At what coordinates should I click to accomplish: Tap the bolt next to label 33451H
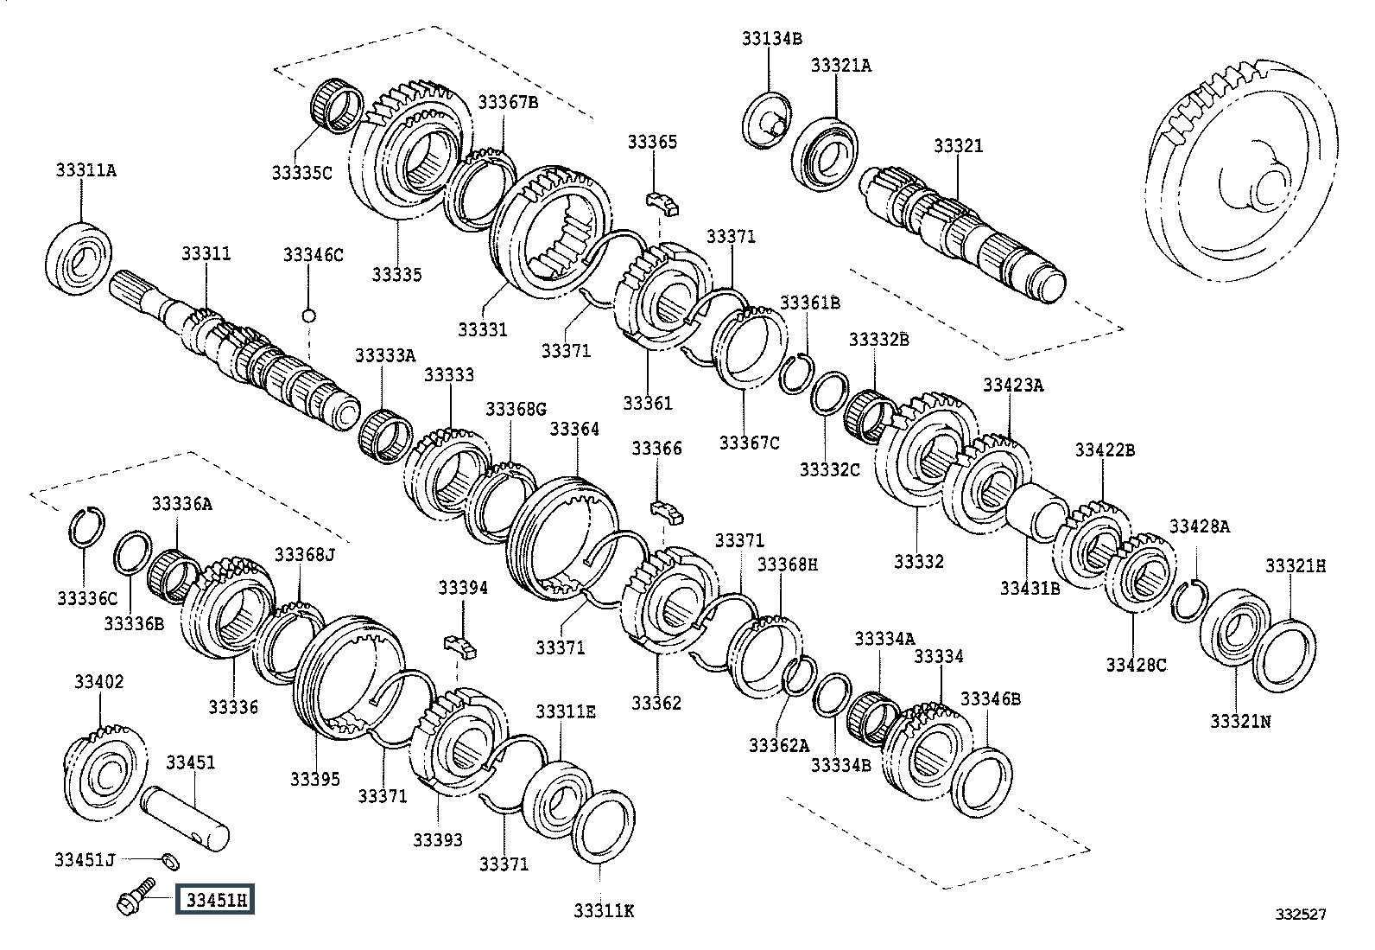pos(134,896)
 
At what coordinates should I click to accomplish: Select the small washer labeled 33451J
pos(171,860)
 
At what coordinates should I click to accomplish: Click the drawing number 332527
pos(1302,913)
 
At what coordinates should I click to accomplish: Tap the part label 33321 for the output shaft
pos(958,146)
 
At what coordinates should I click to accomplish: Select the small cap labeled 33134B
pos(770,118)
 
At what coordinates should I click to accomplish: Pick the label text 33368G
pos(516,409)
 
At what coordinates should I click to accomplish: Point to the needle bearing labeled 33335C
pos(335,105)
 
